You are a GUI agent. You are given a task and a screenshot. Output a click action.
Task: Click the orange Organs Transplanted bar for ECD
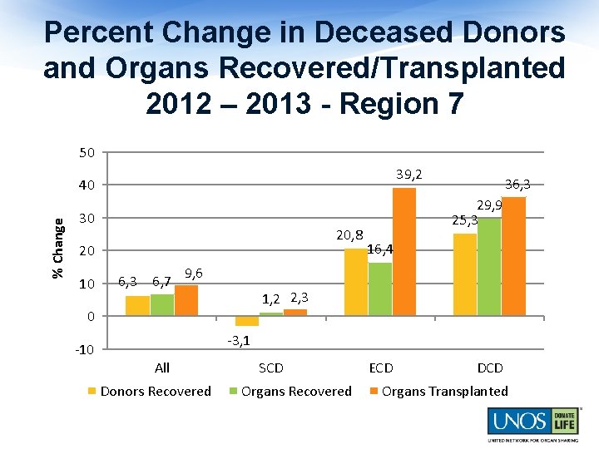tap(404, 252)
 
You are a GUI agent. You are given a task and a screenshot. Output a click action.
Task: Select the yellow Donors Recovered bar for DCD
tap(465, 274)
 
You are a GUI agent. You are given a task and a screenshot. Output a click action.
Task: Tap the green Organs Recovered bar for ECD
tap(380, 289)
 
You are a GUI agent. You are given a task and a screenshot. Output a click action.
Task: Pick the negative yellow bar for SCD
tap(247, 321)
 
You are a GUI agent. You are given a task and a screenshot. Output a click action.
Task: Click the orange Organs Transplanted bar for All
tap(186, 300)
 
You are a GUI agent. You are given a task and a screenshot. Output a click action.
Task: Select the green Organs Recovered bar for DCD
tap(489, 266)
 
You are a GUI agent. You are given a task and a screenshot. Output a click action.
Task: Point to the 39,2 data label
tap(408, 174)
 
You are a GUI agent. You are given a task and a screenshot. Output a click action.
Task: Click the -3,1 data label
tap(239, 340)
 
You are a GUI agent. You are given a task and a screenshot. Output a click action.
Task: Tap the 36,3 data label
tap(517, 184)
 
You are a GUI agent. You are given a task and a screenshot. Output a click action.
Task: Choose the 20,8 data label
tap(349, 235)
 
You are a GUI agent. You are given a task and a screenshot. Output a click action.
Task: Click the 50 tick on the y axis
tap(87, 152)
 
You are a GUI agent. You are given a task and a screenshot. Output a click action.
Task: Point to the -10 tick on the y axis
tap(85, 349)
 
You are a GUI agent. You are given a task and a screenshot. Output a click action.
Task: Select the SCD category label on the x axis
tap(271, 368)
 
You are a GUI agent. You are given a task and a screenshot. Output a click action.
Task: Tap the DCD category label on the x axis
tap(490, 368)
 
